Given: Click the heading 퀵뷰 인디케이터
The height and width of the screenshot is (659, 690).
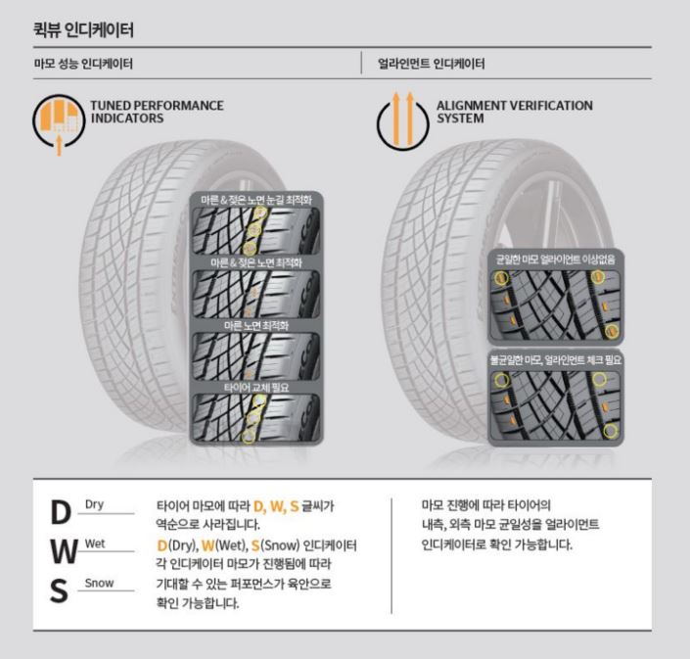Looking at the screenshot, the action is pos(83,30).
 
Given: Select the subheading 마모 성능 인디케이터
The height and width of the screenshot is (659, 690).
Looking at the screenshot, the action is pos(83,64).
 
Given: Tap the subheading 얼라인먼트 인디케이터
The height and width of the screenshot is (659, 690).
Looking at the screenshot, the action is pos(432,64).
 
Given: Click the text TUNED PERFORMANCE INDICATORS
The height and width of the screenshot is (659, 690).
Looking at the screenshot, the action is pos(158,112).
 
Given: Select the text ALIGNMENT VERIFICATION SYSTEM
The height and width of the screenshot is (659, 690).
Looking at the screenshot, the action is pos(515,112).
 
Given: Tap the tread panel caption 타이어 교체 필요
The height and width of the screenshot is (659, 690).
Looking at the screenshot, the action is pos(256,388).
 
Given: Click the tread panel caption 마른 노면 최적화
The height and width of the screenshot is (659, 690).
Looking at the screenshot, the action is pos(256,326).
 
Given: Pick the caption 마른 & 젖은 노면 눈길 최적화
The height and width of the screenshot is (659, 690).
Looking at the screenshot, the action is pos(256,201).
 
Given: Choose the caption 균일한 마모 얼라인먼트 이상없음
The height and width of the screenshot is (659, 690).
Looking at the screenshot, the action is pos(556,259).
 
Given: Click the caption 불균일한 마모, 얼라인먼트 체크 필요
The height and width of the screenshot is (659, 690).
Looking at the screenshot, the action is pos(556,360).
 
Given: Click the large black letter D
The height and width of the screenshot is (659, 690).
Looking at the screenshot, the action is pos(61,513).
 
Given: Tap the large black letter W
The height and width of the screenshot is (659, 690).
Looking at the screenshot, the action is pos(64,551).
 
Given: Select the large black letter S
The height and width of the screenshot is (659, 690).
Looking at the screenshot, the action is pos(59,590).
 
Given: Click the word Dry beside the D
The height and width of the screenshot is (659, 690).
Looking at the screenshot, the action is pos(95,504).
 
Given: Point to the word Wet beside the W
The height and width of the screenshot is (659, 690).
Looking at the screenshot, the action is pos(95,543).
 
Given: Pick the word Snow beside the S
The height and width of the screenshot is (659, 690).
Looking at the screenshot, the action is pos(100,583).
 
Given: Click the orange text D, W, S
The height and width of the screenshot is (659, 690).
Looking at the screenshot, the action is pos(276,506).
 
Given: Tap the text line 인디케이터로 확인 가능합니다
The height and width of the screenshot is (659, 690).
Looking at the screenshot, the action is pos(497,544).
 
